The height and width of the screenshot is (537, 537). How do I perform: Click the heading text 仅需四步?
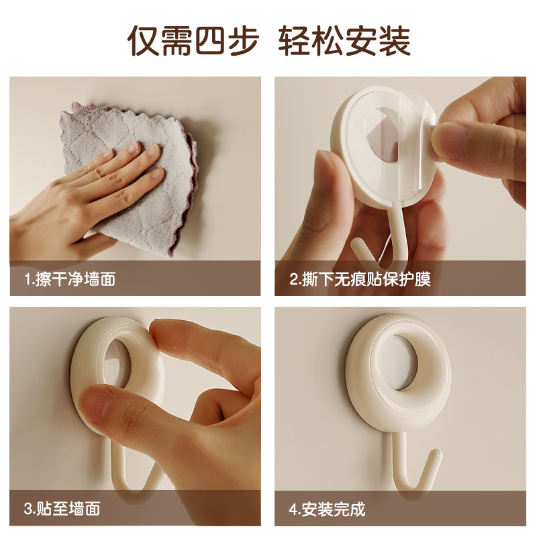(193, 40)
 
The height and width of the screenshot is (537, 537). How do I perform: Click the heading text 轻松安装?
(344, 40)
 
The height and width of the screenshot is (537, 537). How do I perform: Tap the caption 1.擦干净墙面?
(70, 279)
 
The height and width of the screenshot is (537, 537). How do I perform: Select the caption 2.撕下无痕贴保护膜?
(360, 279)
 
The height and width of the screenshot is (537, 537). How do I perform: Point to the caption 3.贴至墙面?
(62, 509)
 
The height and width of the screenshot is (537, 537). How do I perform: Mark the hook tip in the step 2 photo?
(356, 242)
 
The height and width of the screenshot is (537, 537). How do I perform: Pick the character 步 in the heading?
(242, 40)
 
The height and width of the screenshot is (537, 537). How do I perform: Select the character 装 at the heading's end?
(395, 40)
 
